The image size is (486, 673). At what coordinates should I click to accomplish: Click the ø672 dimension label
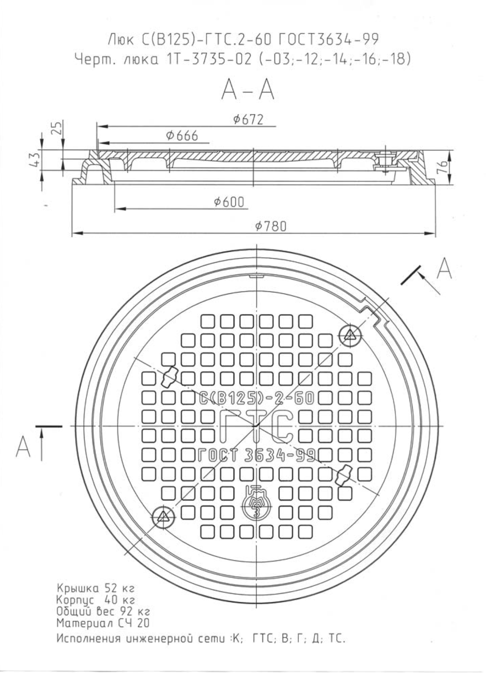coord(248,119)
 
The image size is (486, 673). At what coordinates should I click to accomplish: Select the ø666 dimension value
coord(182,136)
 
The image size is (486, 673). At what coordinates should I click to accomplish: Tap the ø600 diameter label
coord(229,202)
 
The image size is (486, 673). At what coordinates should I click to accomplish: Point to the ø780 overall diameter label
coord(271,226)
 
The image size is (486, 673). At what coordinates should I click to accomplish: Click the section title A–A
coord(247,90)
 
